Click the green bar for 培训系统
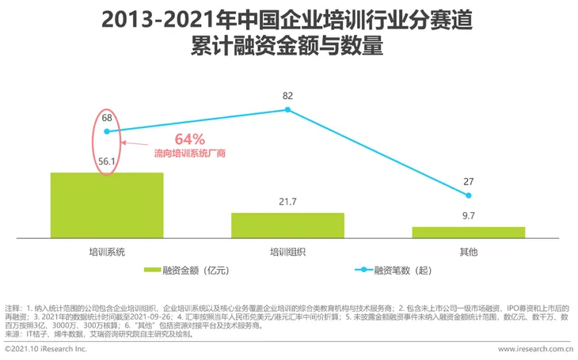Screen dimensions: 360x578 tap(106, 204)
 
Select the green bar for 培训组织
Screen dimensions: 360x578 tap(287, 225)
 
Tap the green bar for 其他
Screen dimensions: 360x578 tap(469, 232)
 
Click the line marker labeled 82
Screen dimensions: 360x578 tap(288, 109)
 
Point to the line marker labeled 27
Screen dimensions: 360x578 tap(469, 195)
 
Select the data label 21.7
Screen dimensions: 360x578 tap(287, 202)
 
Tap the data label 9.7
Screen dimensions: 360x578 tap(469, 215)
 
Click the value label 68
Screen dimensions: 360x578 tap(107, 118)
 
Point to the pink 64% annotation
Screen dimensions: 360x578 tap(189, 139)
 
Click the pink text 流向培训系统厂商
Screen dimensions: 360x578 tap(188, 153)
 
